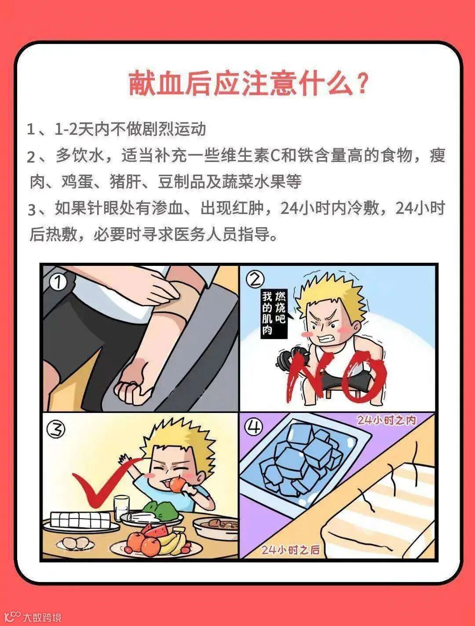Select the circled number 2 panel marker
(x=255, y=280)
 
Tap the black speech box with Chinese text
(x=274, y=314)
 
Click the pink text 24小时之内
(x=387, y=420)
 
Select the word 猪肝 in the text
(x=126, y=181)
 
